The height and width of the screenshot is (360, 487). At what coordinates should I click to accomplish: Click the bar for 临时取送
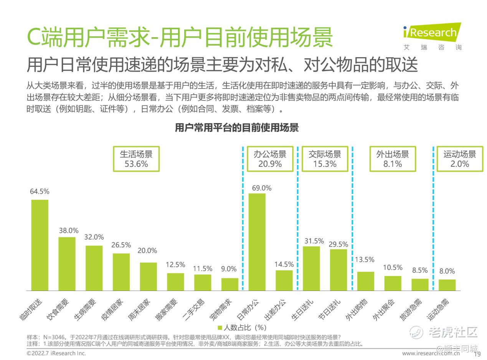[40, 245]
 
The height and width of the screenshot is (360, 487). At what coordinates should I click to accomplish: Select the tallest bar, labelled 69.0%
[257, 242]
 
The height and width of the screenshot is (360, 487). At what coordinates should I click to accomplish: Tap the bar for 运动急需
[447, 285]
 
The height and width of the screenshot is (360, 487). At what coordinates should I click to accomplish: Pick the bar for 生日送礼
[311, 268]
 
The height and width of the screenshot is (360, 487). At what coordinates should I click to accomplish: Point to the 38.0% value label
[69, 230]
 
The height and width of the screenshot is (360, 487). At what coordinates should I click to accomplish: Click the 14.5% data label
[284, 264]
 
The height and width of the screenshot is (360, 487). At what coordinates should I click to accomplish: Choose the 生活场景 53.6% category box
[136, 159]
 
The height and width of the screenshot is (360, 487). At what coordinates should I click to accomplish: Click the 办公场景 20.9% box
[270, 159]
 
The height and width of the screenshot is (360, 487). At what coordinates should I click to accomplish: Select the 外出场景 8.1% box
[393, 159]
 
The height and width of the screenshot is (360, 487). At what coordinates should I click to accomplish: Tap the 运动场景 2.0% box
[460, 159]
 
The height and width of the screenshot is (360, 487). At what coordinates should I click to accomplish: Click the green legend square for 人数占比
[220, 328]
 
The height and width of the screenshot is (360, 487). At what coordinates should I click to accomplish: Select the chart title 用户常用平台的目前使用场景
[236, 128]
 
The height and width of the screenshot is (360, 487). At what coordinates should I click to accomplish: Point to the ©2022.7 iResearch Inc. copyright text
[56, 353]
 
